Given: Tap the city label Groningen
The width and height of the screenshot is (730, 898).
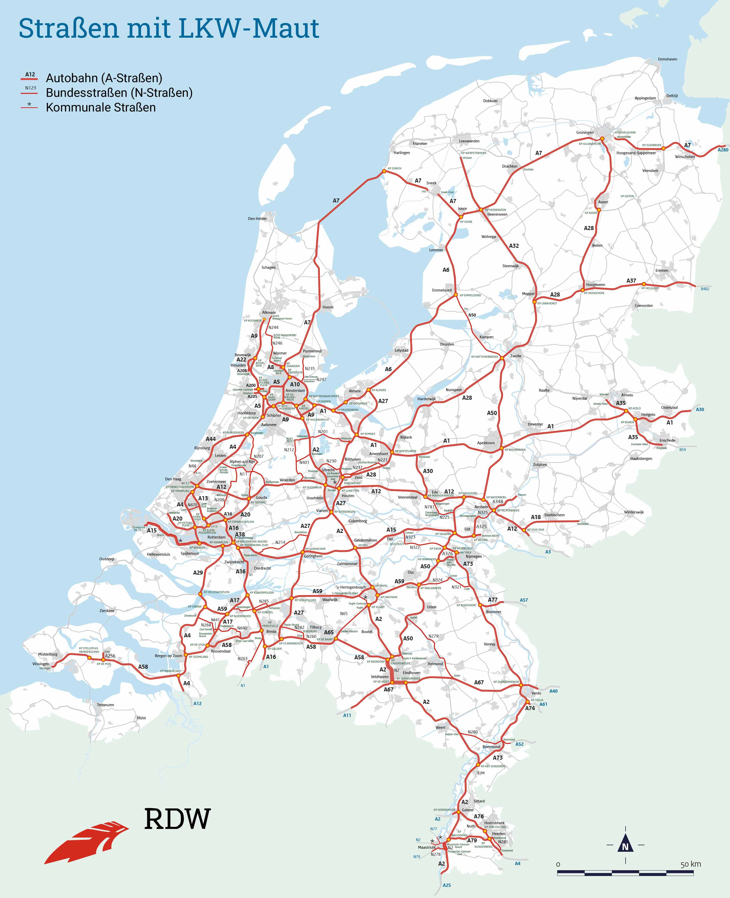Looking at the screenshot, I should point(585,132).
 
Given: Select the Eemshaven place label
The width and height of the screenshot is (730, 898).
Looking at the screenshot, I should point(667,59).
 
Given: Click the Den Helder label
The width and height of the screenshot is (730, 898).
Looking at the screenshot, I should point(257,218).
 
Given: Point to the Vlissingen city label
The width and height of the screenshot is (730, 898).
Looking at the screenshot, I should point(41,664).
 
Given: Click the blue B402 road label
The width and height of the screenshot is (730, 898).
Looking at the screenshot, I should point(705,289).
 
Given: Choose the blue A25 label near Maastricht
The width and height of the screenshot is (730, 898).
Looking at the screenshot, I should point(447,885).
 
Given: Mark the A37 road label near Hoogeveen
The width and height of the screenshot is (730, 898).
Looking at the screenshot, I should point(631,281).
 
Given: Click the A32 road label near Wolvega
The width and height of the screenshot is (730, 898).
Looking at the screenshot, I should point(514,246).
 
